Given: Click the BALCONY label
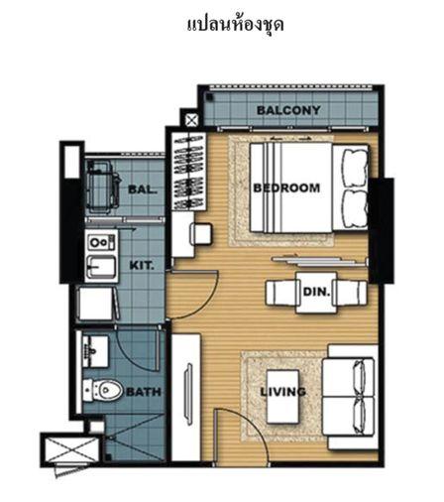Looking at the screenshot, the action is point(288,110).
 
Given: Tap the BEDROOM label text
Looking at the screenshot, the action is point(286,188).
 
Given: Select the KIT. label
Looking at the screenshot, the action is point(142,265).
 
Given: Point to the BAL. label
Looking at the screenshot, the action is point(142,189).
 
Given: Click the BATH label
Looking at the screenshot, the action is point(144,392).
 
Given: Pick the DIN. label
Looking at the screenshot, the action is point(316,292).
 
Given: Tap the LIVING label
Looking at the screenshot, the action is point(283,392).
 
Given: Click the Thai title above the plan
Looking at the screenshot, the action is point(235,26).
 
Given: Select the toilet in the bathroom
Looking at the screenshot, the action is point(102,390).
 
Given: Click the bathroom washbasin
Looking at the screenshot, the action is point(95,351).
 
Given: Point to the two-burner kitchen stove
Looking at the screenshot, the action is point(101,242).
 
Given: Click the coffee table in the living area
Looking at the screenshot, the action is point(283,396).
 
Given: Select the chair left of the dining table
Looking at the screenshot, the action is point(282,293).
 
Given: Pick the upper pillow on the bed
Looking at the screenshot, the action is point(355,169).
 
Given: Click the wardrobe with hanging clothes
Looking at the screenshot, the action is point(188,172).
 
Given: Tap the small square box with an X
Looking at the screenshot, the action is point(191,120).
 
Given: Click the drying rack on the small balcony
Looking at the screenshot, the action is point(102,187).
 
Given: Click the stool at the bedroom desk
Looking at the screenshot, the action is point(200,234).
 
